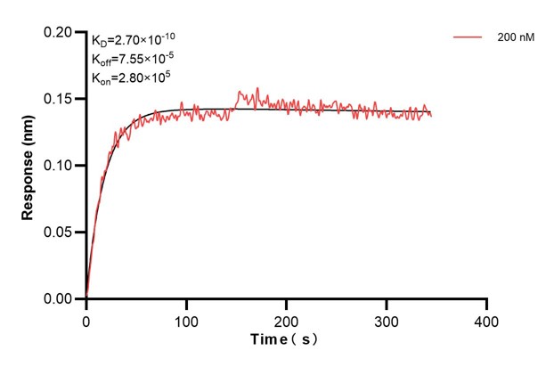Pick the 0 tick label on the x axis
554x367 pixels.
click(x=86, y=319)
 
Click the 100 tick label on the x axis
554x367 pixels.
click(x=186, y=319)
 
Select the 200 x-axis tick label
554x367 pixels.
click(x=286, y=319)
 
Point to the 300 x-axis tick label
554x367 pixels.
click(x=386, y=319)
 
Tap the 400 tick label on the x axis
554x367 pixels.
click(x=485, y=319)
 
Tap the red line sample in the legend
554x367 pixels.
click(x=468, y=38)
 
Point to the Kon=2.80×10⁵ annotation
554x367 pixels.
click(x=131, y=77)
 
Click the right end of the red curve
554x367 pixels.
click(x=431, y=115)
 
